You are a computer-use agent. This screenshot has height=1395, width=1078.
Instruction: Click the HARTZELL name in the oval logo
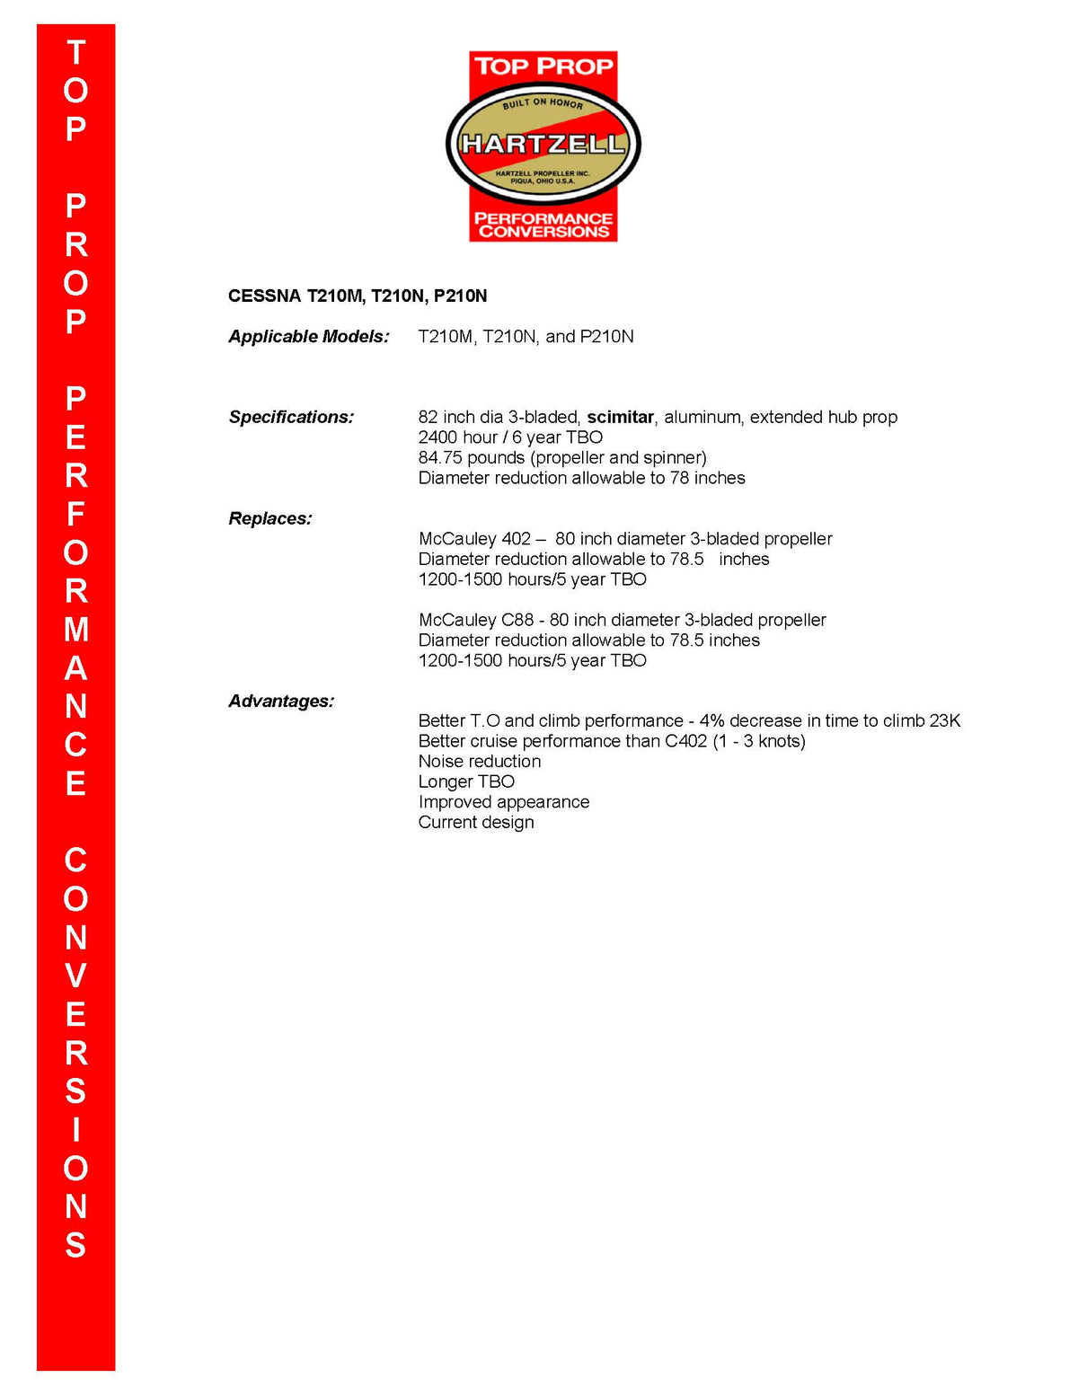pyautogui.click(x=543, y=144)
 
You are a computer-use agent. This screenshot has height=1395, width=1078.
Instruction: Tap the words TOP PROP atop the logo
pyautogui.click(x=543, y=66)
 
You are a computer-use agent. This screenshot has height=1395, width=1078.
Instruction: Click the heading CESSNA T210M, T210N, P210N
pyautogui.click(x=358, y=296)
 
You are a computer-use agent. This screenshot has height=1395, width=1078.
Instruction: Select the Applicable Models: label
pyautogui.click(x=309, y=336)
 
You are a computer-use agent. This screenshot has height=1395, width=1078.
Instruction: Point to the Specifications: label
pyautogui.click(x=291, y=417)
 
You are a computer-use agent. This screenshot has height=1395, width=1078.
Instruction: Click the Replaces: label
pyautogui.click(x=270, y=518)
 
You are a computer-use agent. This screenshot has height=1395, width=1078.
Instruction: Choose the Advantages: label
pyautogui.click(x=281, y=701)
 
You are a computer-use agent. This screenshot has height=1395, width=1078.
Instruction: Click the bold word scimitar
pyautogui.click(x=620, y=417)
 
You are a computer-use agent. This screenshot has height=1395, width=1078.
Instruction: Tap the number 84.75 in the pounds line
pyautogui.click(x=440, y=457)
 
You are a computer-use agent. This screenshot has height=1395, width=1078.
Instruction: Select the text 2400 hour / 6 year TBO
pyautogui.click(x=510, y=437)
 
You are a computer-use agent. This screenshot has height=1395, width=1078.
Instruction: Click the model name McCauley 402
pyautogui.click(x=474, y=539)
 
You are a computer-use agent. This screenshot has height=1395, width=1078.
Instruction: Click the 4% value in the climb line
pyautogui.click(x=711, y=720)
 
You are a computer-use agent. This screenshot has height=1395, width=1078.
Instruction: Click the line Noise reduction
pyautogui.click(x=480, y=761)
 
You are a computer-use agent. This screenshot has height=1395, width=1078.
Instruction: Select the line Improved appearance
pyautogui.click(x=504, y=801)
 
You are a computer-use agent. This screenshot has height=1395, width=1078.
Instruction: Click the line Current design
pyautogui.click(x=476, y=822)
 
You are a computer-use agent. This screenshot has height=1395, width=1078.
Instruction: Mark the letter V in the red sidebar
pyautogui.click(x=76, y=976)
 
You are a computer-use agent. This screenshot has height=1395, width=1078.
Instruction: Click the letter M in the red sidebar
pyautogui.click(x=76, y=630)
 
